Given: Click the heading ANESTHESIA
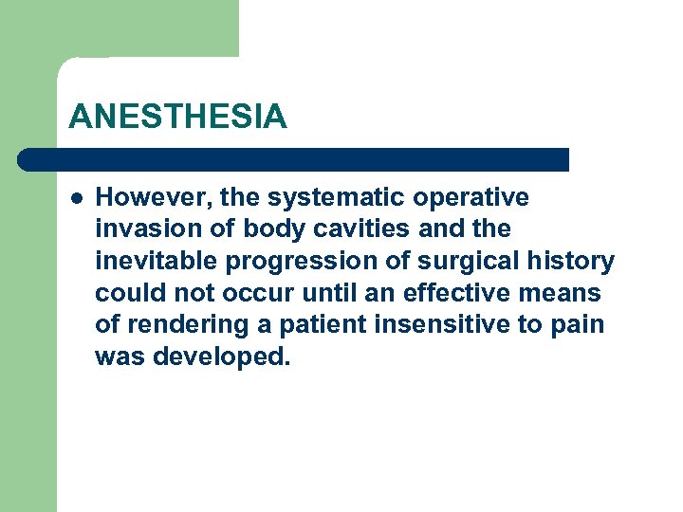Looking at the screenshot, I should [177, 117].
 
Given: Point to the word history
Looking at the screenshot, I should [578, 261].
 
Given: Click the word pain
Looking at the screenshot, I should [578, 325].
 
